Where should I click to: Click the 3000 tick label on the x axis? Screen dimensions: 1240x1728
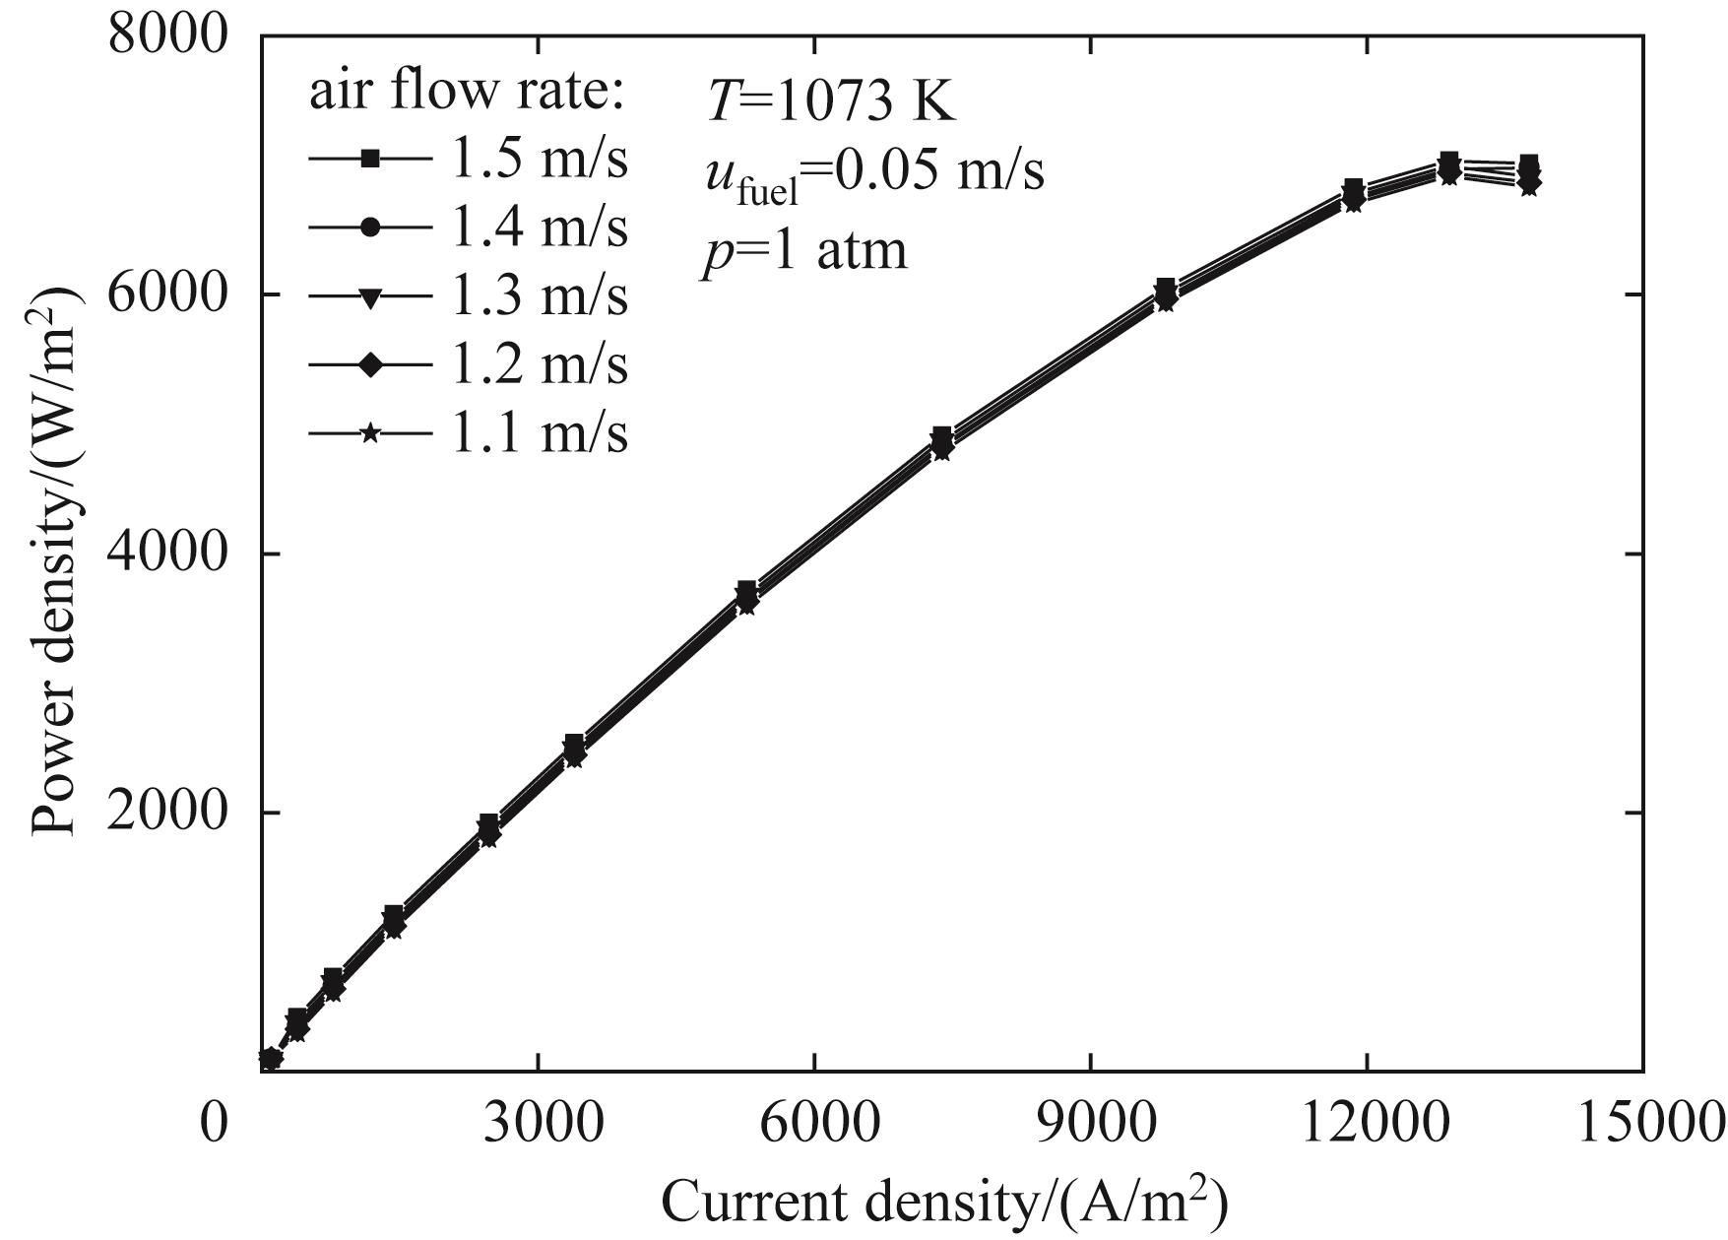tap(538, 1122)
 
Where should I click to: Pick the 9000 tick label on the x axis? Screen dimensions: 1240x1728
tap(1091, 1122)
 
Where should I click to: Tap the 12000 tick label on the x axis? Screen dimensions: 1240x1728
tap(1367, 1122)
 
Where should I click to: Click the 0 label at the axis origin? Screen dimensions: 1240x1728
tap(214, 1122)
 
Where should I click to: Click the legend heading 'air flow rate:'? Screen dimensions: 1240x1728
tap(469, 94)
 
